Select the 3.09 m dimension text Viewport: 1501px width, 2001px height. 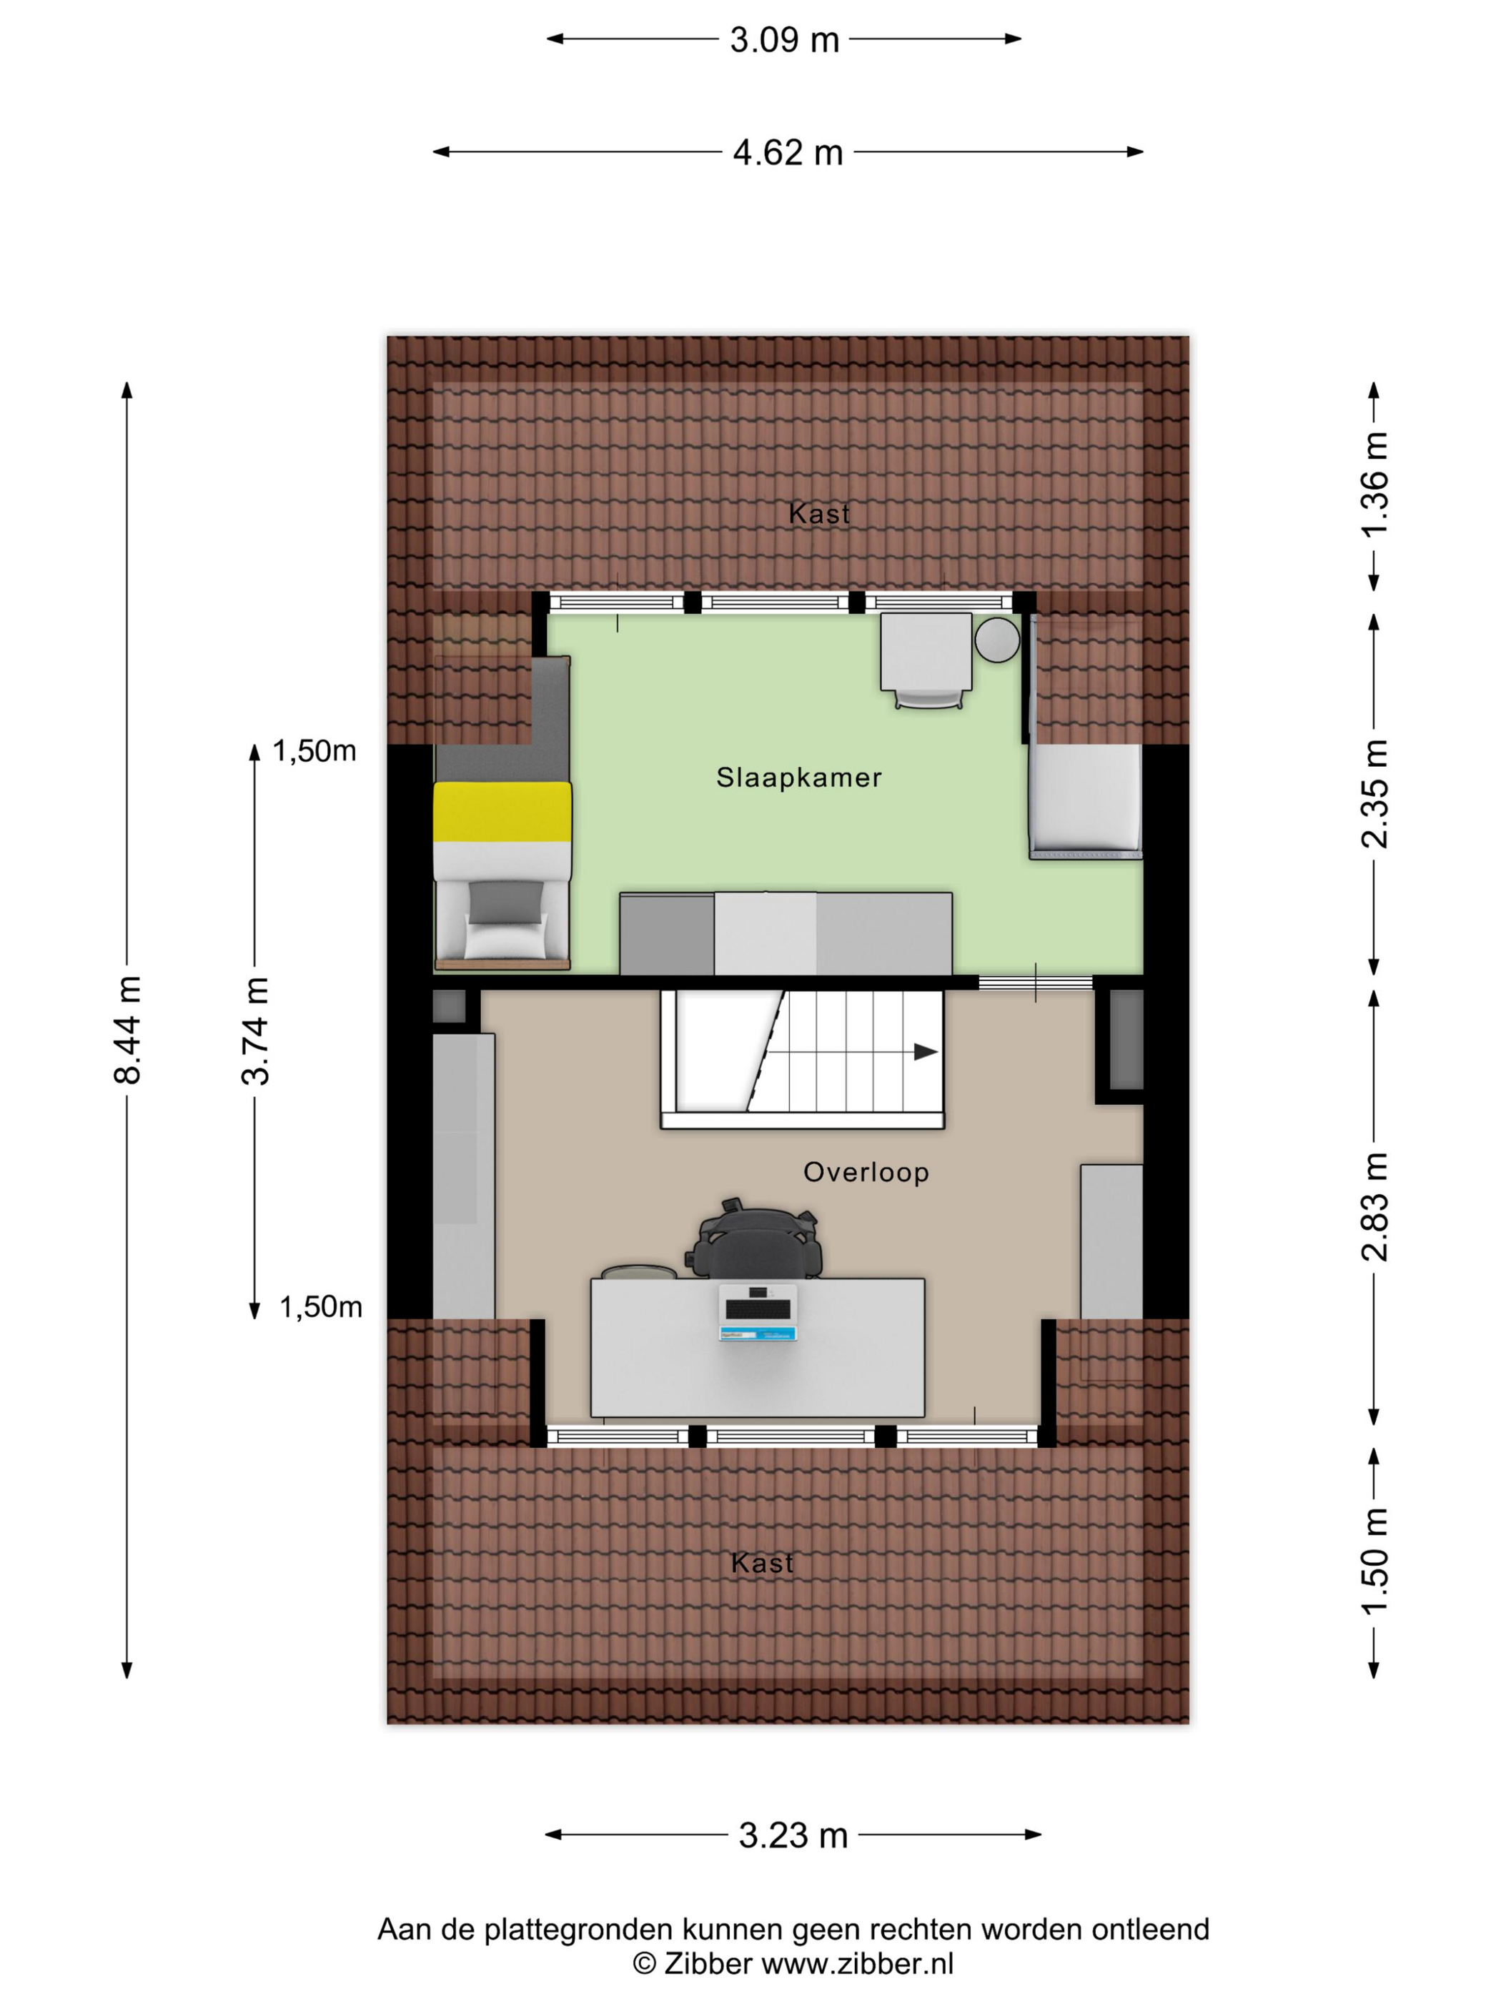click(784, 40)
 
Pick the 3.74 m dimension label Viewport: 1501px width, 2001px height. click(255, 1031)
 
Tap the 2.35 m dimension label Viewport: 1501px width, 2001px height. click(1374, 793)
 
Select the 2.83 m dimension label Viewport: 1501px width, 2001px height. click(1374, 1207)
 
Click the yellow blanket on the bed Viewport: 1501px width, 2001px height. click(502, 811)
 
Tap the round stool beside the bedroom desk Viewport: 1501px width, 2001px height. click(997, 639)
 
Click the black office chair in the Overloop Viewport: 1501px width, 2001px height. click(755, 1239)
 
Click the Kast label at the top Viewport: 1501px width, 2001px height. click(819, 514)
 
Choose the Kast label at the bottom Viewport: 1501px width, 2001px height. click(762, 1563)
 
